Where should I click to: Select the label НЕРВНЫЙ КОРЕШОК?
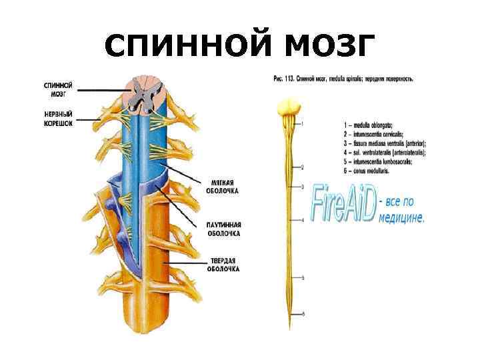(x=59, y=118)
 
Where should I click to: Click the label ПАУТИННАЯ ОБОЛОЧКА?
(x=223, y=229)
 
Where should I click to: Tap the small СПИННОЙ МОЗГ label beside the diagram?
(x=59, y=89)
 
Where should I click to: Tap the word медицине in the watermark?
(x=401, y=217)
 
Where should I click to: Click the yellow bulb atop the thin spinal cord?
(x=289, y=107)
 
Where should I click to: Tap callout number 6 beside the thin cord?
(x=304, y=313)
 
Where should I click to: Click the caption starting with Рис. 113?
(x=343, y=79)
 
